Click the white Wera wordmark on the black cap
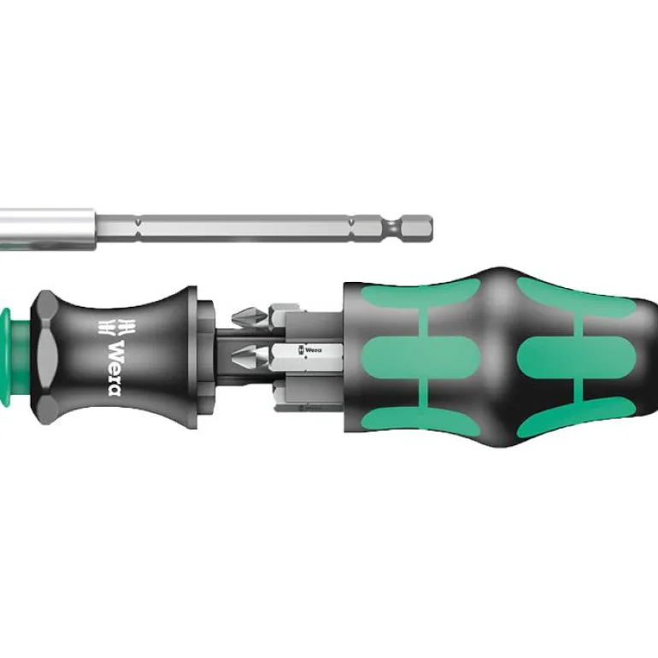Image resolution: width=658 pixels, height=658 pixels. pos(115,368)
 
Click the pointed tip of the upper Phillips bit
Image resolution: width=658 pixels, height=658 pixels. pos(233,317)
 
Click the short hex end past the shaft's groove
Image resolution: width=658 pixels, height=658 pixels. pos(417,229)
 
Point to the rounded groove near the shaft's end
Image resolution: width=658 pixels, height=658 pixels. pos(392,229)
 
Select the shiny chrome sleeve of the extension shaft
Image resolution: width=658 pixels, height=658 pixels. pos(47,229)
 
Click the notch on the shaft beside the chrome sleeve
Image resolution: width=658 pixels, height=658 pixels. pos(138,229)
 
